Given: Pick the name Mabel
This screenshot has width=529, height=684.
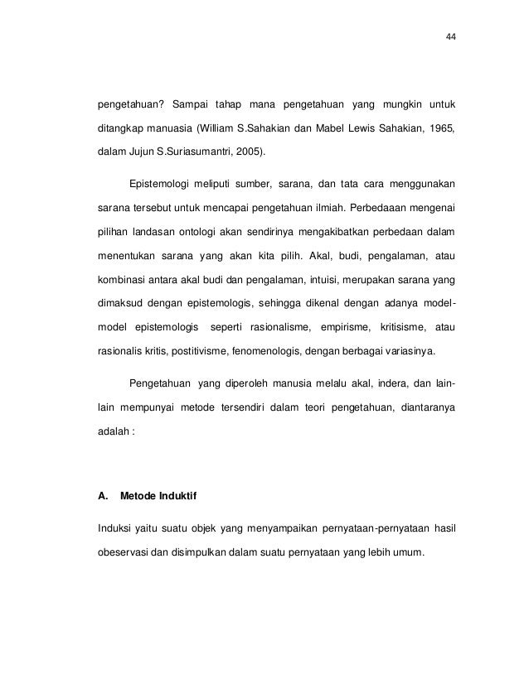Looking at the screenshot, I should point(347,129).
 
